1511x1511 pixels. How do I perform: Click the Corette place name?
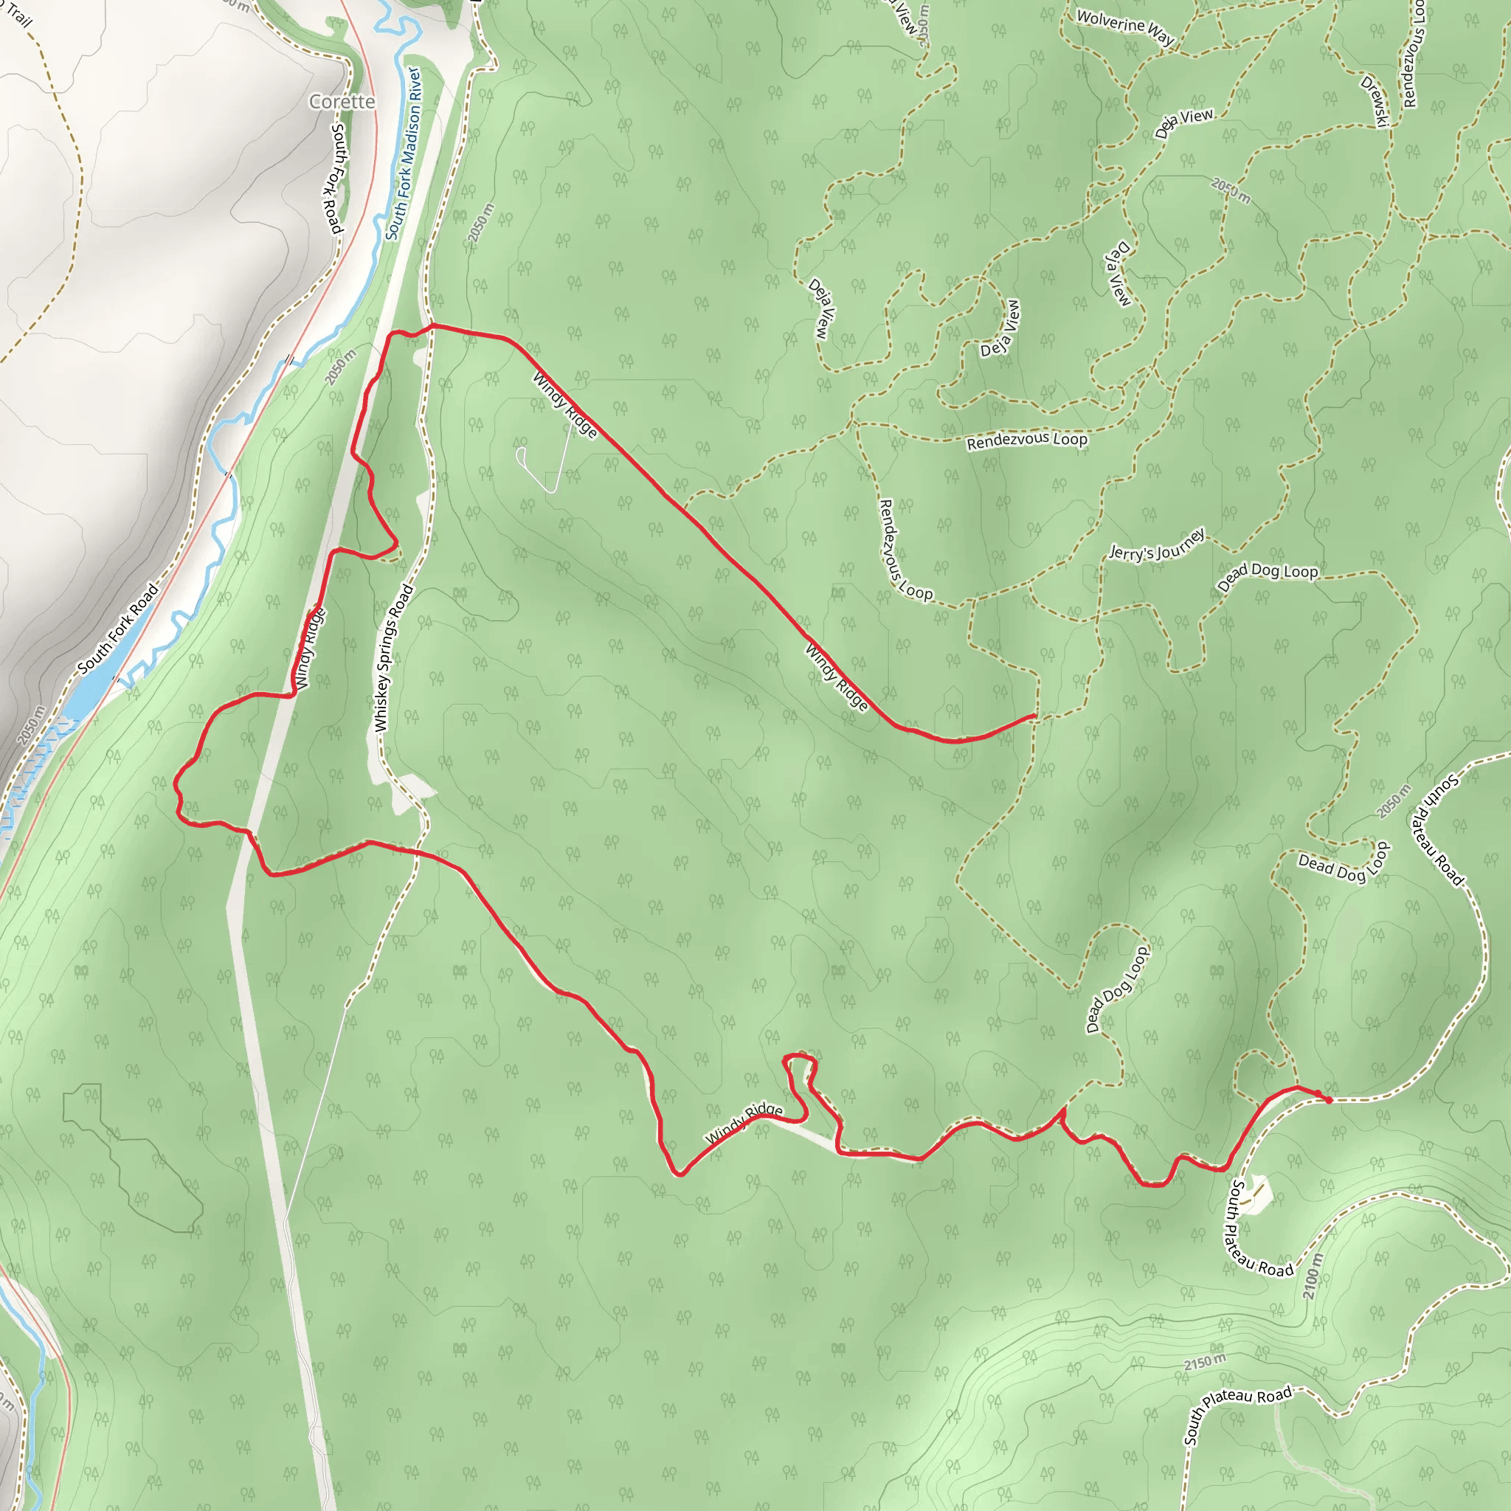(342, 102)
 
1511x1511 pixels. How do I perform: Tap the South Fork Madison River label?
(404, 153)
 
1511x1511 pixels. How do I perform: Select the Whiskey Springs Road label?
(393, 659)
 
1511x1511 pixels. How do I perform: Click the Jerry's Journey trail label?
(1157, 545)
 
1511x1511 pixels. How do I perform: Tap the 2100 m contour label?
(1313, 1276)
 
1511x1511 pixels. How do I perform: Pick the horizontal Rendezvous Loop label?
(1027, 441)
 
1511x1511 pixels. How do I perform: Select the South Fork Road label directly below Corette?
(337, 178)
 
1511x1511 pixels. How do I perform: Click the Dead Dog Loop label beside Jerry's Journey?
(1268, 576)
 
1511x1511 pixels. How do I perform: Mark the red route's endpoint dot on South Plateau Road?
(1328, 1100)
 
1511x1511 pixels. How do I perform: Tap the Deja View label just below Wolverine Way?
(1185, 122)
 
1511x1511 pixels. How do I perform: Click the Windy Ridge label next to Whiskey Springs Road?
(308, 649)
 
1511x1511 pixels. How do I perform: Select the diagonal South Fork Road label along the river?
(118, 628)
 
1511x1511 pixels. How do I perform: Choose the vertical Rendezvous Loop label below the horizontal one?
(905, 550)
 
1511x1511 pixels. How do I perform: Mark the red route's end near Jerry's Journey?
(1034, 716)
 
